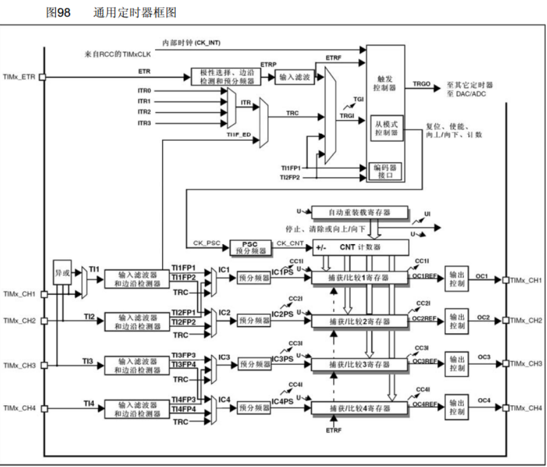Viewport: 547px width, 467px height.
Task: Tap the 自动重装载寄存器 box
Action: coord(360,213)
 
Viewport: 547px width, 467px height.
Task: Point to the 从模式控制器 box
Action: coord(385,130)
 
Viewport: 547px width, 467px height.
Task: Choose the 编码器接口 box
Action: coord(385,172)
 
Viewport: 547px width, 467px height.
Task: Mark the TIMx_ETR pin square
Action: coord(42,77)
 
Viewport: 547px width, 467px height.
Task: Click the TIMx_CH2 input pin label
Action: coord(20,321)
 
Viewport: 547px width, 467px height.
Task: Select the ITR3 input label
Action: coord(144,123)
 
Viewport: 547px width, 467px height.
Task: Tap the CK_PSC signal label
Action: coord(206,242)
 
